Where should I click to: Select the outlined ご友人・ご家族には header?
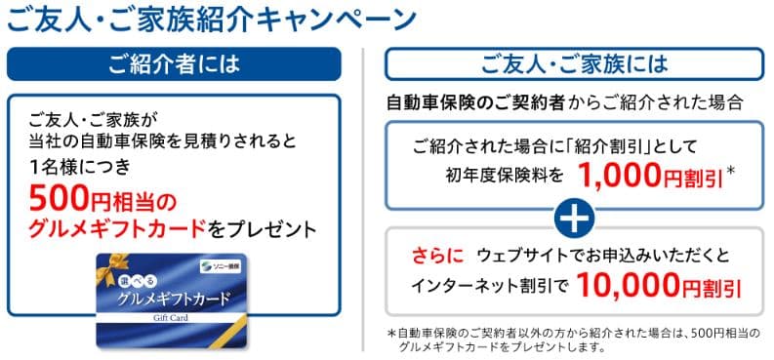(x=575, y=64)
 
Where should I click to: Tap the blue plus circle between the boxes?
(x=574, y=217)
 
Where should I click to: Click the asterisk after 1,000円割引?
(x=731, y=172)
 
